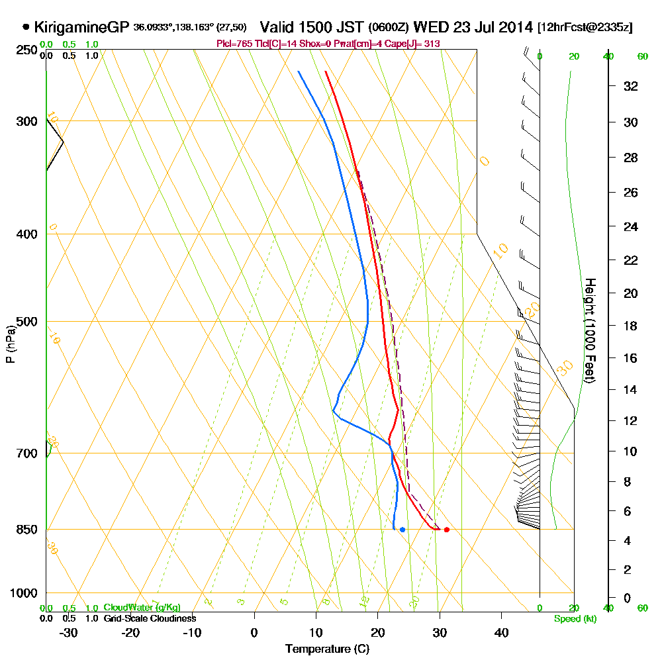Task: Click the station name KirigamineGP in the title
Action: pyautogui.click(x=81, y=28)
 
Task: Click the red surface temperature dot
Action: pyautogui.click(x=447, y=530)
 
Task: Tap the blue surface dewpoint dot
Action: pyautogui.click(x=402, y=530)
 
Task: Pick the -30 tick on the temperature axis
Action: pyautogui.click(x=68, y=632)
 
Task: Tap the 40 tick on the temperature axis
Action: pyautogui.click(x=501, y=632)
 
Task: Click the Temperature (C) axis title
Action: pyautogui.click(x=326, y=649)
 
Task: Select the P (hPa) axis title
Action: pyautogui.click(x=10, y=344)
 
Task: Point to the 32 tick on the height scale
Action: pyautogui.click(x=631, y=86)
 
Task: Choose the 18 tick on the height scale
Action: pyautogui.click(x=631, y=326)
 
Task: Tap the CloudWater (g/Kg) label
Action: pyautogui.click(x=142, y=608)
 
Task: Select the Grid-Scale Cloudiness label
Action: pyautogui.click(x=149, y=618)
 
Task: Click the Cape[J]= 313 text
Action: pyautogui.click(x=417, y=44)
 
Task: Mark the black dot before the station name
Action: pyautogui.click(x=26, y=28)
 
